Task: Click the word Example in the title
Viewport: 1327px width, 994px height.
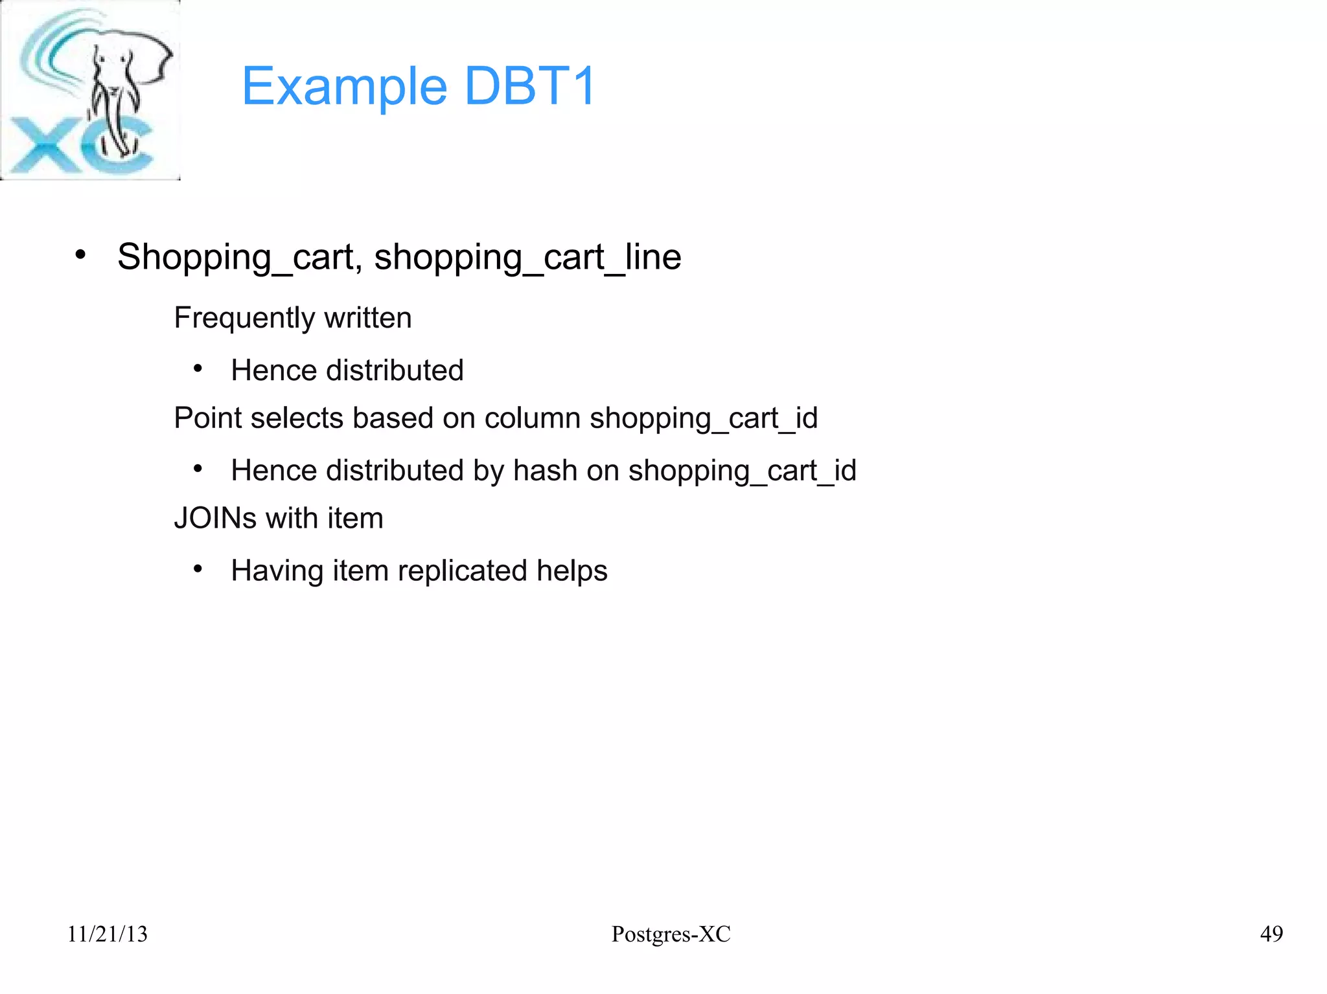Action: tap(344, 87)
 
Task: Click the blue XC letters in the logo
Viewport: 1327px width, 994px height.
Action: tap(78, 148)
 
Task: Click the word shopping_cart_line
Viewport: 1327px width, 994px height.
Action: tap(527, 257)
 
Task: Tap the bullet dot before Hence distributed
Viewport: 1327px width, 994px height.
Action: tap(198, 369)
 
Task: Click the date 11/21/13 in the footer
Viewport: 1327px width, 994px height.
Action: tap(108, 934)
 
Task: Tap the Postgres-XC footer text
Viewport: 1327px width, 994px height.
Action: tap(671, 934)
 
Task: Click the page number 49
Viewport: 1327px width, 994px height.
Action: tap(1271, 934)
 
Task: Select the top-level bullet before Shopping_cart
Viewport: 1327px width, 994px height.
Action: tap(80, 254)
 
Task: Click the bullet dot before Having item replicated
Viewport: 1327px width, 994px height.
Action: tap(198, 569)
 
